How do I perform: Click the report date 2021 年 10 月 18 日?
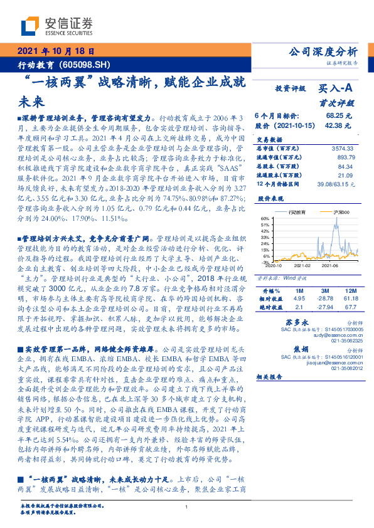click(55, 51)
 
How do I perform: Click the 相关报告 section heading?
click(270, 378)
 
